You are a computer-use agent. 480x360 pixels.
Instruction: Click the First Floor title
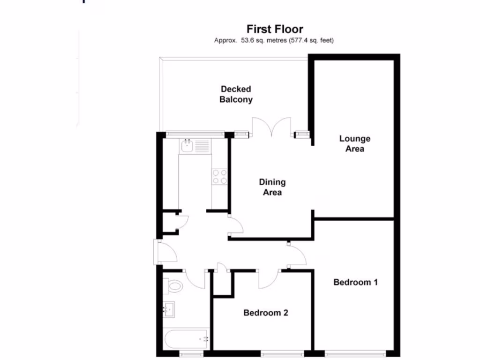(x=275, y=30)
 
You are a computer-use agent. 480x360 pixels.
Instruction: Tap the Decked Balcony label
(x=236, y=94)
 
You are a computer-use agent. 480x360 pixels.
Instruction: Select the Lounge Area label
(x=355, y=144)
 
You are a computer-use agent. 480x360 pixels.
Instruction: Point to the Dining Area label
(x=272, y=187)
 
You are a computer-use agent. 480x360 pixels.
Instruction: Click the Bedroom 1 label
(x=355, y=282)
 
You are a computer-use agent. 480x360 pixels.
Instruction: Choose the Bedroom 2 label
(x=265, y=313)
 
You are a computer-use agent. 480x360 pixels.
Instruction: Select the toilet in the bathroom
(x=173, y=285)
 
